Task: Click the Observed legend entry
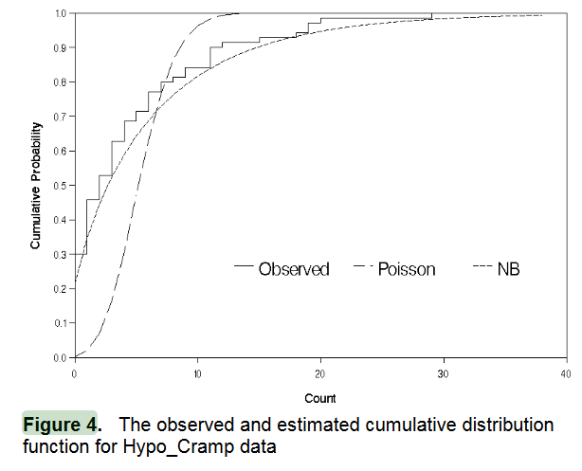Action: pos(294,269)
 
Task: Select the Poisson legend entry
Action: pos(407,269)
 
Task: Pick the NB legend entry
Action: pos(509,269)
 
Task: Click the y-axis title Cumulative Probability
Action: pos(35,185)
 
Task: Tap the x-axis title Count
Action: pos(320,398)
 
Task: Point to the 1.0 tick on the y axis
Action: pos(60,13)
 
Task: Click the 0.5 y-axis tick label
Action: pos(60,186)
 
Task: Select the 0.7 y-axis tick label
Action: pos(60,117)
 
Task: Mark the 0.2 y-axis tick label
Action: pos(60,289)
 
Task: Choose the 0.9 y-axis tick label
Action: pos(60,47)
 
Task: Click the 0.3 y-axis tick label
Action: pos(60,255)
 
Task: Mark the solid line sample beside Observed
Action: pos(245,269)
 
